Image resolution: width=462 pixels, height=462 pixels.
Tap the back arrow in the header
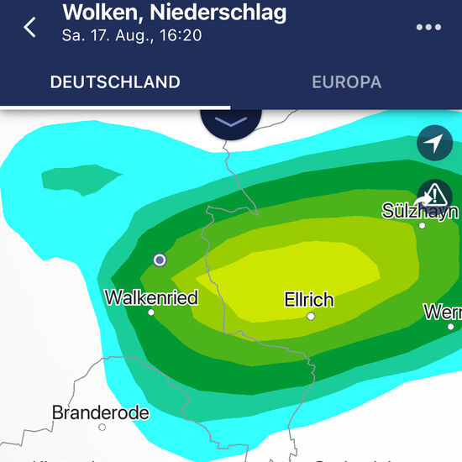30,26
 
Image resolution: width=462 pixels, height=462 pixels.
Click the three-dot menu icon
428,27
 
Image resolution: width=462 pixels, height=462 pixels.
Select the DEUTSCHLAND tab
115,82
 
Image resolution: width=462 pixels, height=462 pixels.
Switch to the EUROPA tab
346,82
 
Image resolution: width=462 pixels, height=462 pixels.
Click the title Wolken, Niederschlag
175,13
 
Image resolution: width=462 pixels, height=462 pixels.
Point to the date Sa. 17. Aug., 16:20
131,35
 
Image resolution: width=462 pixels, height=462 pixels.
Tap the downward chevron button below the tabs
231,123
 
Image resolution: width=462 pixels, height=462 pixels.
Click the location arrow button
433,144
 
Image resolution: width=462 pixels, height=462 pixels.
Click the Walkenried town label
151,297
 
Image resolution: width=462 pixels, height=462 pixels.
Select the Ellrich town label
309,300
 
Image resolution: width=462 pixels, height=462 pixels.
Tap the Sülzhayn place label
420,210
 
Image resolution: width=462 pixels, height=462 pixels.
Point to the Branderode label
101,412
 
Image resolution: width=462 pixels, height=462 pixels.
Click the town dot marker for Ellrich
311,317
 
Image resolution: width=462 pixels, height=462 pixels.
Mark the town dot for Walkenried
151,312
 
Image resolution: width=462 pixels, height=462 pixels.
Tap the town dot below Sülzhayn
422,225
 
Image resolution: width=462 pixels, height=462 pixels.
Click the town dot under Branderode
102,427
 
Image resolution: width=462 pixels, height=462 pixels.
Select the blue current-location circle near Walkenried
160,260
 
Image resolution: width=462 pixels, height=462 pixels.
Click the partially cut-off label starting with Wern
443,312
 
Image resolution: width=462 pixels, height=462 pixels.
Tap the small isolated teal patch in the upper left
82,178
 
